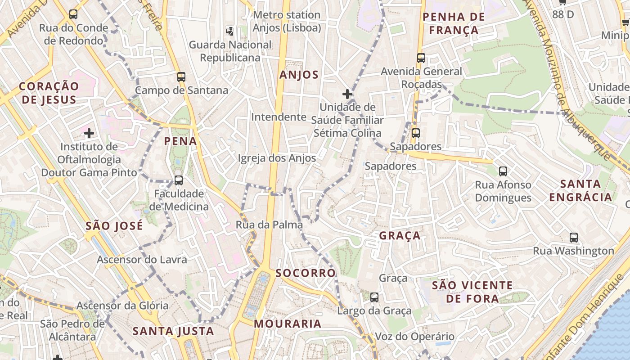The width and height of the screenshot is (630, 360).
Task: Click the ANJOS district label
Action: [x=299, y=75]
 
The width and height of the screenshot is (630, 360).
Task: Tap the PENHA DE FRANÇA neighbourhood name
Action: [x=454, y=23]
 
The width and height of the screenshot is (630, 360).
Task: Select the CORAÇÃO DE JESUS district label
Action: [x=49, y=93]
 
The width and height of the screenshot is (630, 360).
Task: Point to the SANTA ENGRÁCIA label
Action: [x=580, y=190]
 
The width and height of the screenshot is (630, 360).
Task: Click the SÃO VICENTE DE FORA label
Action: [x=472, y=292]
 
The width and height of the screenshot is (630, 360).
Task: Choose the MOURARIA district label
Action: [x=288, y=324]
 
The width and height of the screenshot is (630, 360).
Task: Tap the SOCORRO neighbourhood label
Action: [x=306, y=273]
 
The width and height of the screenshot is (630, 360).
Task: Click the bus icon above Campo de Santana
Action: [x=181, y=76]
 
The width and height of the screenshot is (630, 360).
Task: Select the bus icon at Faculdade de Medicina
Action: [x=179, y=180]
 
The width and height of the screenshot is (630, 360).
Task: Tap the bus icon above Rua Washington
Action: [x=574, y=238]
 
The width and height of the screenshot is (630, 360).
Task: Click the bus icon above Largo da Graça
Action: [x=374, y=297]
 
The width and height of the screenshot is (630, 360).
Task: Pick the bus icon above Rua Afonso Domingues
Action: [x=503, y=171]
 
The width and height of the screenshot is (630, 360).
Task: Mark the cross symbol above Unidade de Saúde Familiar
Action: [x=347, y=94]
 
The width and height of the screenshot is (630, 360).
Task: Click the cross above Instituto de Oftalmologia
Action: [x=89, y=133]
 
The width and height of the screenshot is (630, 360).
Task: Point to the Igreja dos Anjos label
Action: [x=277, y=158]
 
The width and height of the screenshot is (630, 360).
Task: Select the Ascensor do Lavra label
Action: [x=142, y=260]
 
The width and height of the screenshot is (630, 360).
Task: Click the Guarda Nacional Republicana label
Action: [x=230, y=51]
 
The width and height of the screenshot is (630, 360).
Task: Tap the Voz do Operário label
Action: [x=414, y=337]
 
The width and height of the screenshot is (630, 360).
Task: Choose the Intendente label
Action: [x=279, y=117]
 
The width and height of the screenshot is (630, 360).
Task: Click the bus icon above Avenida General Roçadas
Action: [x=421, y=58]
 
